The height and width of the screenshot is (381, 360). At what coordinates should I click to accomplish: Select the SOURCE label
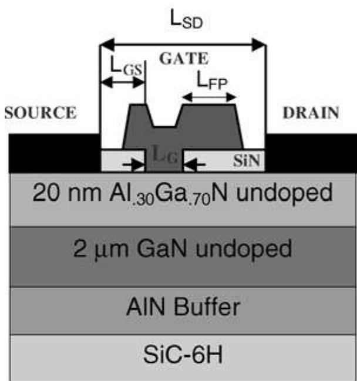(x=40, y=113)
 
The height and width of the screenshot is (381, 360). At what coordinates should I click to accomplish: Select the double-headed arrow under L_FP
(x=208, y=99)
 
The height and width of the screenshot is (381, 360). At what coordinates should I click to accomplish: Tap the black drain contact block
(x=311, y=153)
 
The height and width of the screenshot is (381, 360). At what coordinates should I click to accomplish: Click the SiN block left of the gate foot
(x=122, y=160)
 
